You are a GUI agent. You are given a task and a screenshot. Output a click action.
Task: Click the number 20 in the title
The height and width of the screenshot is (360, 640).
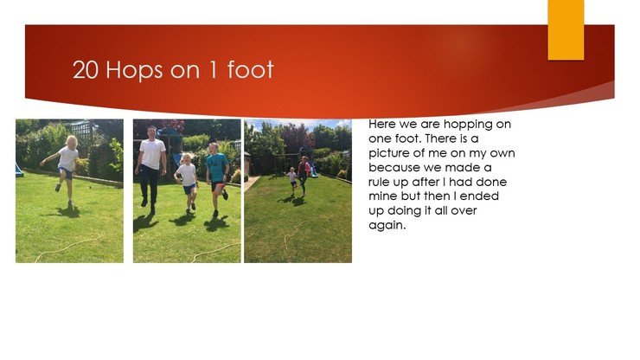tap(86, 70)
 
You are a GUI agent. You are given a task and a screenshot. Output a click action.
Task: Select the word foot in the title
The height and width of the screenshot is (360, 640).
tap(250, 69)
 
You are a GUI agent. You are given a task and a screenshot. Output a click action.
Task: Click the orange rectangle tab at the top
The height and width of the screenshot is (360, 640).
tap(566, 29)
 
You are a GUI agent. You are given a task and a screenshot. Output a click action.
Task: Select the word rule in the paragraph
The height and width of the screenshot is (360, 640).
tap(379, 182)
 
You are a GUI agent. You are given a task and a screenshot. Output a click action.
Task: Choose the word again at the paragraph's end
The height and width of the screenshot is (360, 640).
tap(387, 226)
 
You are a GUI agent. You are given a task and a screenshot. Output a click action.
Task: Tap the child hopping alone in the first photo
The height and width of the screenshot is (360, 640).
tap(65, 170)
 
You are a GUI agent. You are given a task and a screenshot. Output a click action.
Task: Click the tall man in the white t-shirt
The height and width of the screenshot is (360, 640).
tap(151, 169)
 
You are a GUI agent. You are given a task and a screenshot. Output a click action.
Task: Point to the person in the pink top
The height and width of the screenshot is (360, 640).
tap(304, 175)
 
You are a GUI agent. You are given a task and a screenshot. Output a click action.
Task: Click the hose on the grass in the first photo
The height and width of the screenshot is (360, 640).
tap(68, 247)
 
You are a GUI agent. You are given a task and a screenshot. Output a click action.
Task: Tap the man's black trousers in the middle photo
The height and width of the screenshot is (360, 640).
tap(149, 187)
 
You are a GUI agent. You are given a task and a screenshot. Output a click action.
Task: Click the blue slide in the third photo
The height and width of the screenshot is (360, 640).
tap(313, 169)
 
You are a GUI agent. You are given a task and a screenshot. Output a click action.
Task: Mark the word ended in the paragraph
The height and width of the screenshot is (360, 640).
tap(479, 196)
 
